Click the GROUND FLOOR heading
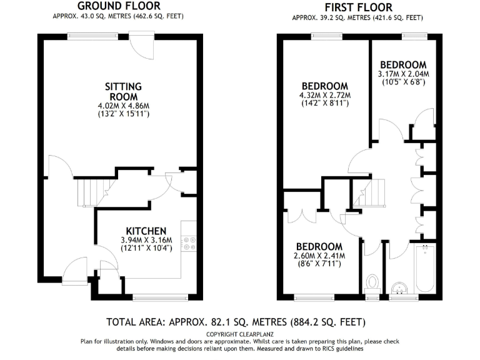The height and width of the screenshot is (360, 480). coord(114,6)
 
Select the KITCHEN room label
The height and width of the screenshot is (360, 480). coord(146,231)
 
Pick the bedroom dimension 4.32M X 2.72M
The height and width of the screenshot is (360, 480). coord(324,96)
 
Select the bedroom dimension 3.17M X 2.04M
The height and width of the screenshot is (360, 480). coord(403,74)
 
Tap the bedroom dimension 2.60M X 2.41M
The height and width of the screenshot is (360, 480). coord(319,255)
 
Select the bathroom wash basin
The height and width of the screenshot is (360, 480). coord(397,288)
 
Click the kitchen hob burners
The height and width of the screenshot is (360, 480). coord(189,242)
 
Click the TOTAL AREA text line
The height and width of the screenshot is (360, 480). coord(236,322)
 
